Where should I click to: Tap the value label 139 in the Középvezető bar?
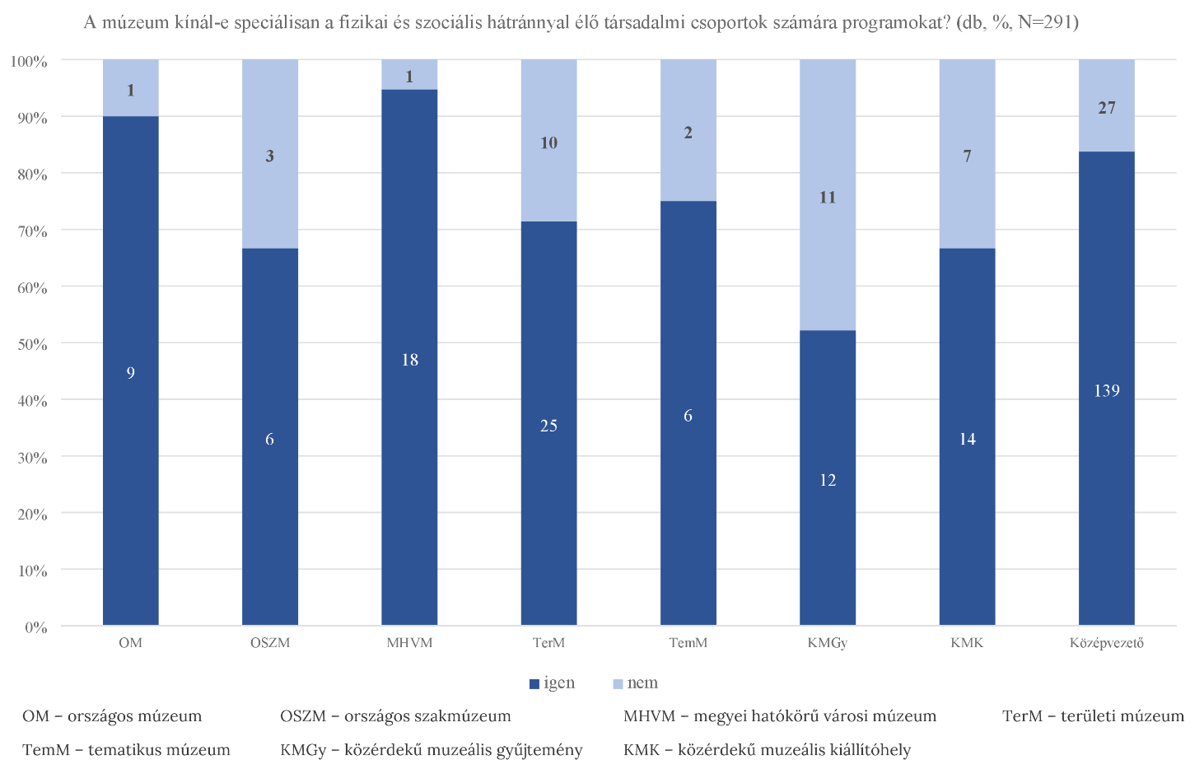coord(1107,391)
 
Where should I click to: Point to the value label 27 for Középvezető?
coord(1107,108)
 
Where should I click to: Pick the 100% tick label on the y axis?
coord(29,62)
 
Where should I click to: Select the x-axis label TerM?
coord(548,643)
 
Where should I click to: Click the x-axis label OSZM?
coord(270,643)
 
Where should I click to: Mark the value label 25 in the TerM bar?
coord(548,426)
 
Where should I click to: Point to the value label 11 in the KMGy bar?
coord(828,198)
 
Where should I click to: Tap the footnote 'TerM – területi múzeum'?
coord(1093,716)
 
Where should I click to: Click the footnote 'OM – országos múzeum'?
coord(112,716)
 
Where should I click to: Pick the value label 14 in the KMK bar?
coord(968,440)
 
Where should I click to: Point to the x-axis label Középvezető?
coord(1107,643)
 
